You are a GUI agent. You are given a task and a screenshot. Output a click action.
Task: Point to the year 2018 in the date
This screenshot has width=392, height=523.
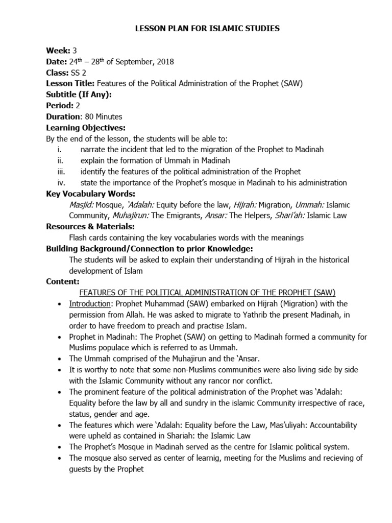165,62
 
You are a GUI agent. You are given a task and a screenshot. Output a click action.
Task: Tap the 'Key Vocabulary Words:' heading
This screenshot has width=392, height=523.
90,194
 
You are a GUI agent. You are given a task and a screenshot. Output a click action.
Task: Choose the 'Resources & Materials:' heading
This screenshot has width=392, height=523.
90,226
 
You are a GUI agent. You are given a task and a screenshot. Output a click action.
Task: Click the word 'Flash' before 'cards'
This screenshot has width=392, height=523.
79,237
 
